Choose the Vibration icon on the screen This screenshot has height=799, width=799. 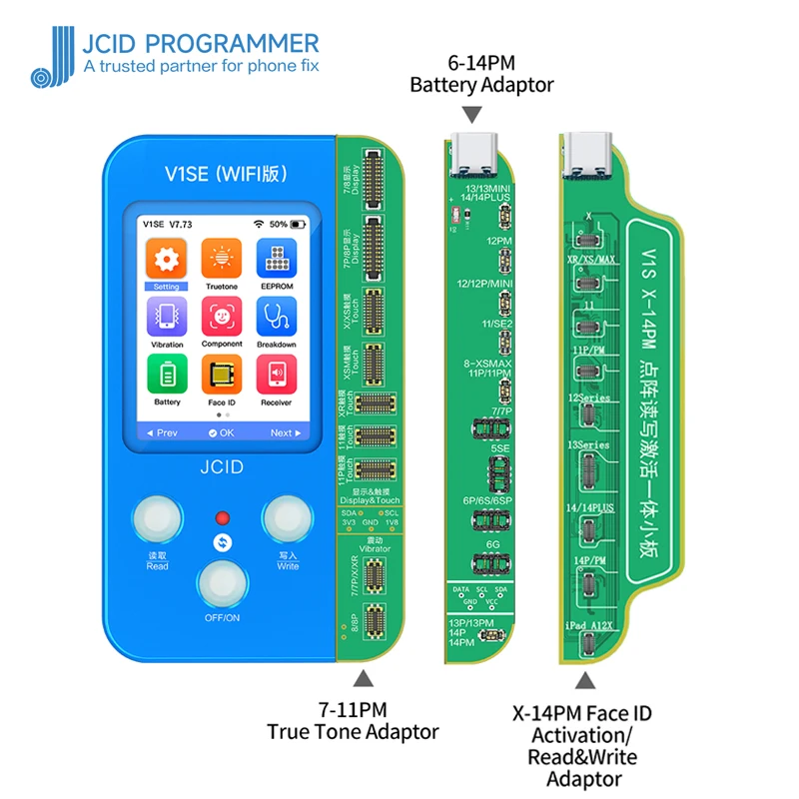click(167, 318)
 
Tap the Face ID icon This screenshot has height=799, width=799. click(222, 376)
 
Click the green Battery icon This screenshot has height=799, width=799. click(167, 376)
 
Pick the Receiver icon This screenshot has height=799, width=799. click(277, 376)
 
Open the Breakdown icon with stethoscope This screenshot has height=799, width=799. click(277, 318)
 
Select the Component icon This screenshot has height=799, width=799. click(222, 318)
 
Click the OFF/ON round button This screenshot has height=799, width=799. click(221, 585)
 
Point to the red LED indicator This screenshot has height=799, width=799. click(223, 518)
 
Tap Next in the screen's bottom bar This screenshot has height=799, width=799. click(286, 432)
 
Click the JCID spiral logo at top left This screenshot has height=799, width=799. click(50, 58)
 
